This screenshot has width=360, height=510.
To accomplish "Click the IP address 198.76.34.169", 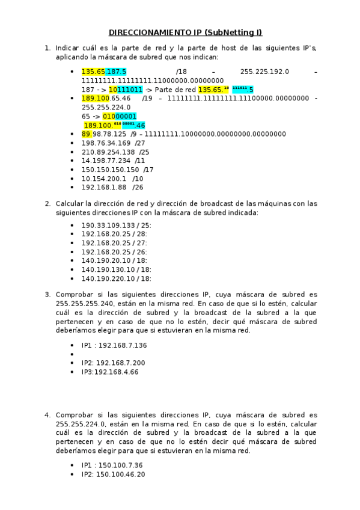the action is tap(106, 143).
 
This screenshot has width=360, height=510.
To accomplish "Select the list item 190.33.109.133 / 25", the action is tap(116, 225).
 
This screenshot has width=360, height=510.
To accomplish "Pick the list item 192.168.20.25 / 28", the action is tap(116, 234).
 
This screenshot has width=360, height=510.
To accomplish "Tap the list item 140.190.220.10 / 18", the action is tap(116, 278).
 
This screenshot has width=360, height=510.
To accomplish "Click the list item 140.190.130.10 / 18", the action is tap(116, 269).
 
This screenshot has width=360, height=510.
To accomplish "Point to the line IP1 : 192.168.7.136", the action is tap(114, 345).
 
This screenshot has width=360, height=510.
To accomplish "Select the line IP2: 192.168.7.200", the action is tap(113, 363).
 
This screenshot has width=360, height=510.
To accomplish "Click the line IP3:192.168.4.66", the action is tap(110, 372).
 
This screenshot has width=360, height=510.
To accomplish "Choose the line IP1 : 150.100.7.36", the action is tap(112, 465).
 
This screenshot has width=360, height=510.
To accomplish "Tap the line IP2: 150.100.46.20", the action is tap(113, 474).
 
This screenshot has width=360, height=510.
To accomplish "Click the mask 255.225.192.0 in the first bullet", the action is tap(264, 72).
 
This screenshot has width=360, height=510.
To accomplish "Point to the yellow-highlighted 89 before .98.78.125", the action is tap(87, 134).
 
